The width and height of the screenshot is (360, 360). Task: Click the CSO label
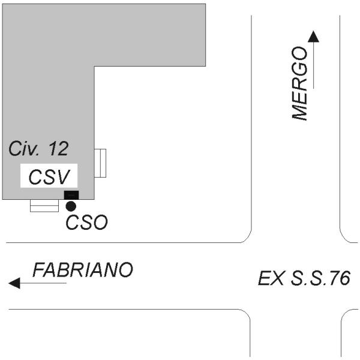[x=86, y=223]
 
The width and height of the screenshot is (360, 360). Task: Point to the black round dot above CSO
[x=71, y=206]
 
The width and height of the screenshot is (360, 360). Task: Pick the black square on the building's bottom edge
[x=71, y=194]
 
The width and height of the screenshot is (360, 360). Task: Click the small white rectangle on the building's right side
[x=101, y=163]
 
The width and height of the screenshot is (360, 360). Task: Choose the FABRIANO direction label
[x=82, y=270]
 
